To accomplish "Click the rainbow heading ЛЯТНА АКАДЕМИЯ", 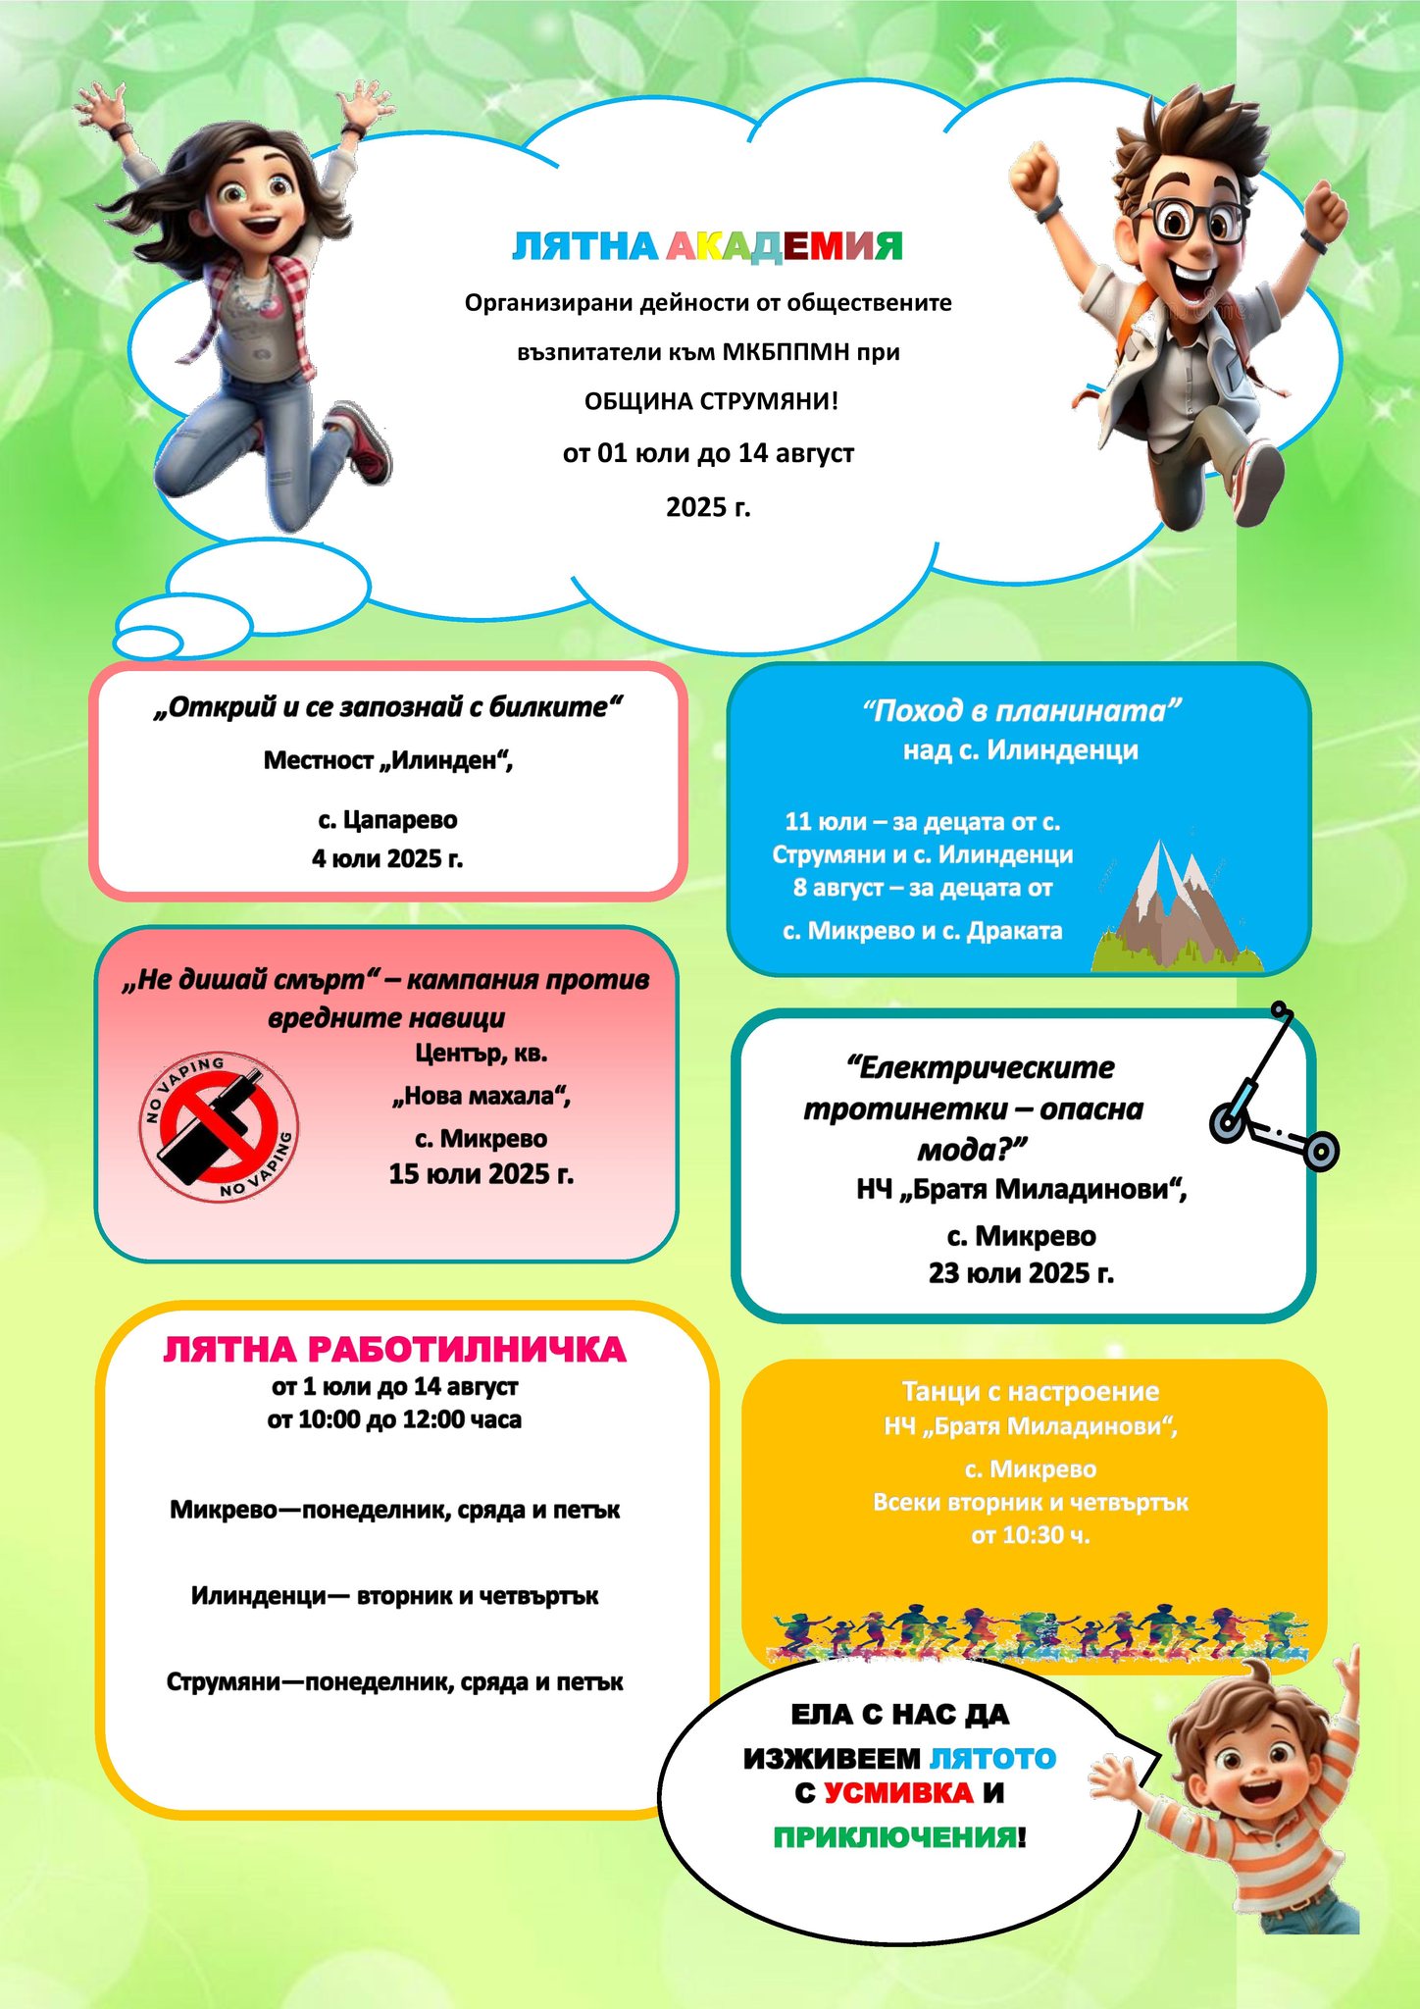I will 707,247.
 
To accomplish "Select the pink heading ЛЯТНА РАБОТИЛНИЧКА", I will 394,1350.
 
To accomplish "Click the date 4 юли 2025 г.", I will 387,859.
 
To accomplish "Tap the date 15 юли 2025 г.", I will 481,1174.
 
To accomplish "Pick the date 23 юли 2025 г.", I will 1021,1273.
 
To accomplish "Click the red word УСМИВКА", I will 898,1793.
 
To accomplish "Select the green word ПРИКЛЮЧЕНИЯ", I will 894,1837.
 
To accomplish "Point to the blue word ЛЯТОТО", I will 991,1758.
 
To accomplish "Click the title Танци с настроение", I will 1030,1392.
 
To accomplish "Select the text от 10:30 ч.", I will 1030,1535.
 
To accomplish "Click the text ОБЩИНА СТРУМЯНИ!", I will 711,402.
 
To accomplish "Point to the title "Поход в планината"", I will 1021,711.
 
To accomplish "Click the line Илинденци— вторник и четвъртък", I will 394,1596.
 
